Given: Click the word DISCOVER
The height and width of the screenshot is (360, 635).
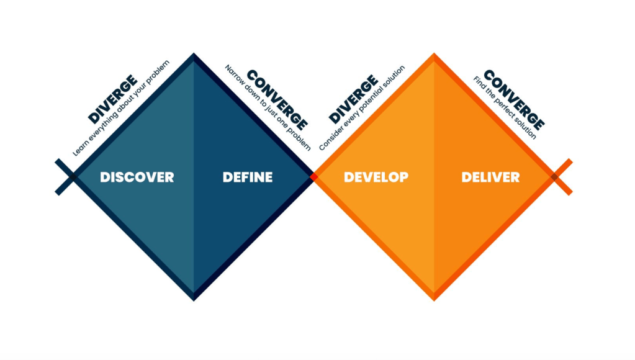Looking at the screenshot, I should [137, 177].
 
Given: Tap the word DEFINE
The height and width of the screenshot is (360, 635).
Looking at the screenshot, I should [248, 177].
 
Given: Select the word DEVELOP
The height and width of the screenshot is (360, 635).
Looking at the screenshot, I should [376, 177].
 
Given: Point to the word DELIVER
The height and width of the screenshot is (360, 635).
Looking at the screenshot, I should [490, 177].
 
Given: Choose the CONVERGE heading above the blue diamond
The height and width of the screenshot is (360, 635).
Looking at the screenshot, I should [277, 99].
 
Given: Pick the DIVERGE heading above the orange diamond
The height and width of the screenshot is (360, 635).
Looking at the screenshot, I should [353, 99].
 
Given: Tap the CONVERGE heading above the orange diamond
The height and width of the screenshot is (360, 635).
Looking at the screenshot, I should [513, 99].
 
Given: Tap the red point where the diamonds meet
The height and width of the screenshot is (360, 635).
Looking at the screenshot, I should [314, 177].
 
